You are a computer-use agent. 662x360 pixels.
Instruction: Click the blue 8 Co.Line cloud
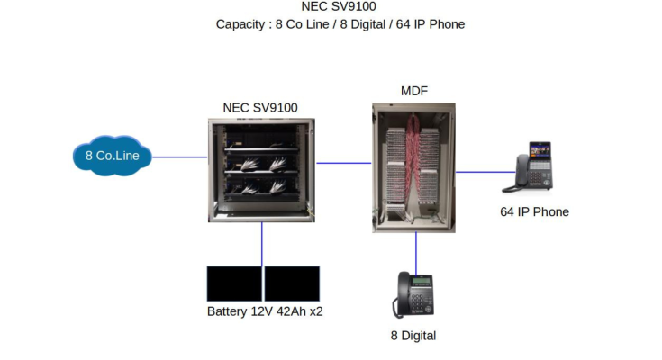click(112, 157)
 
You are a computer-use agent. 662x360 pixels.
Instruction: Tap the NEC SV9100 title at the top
click(339, 7)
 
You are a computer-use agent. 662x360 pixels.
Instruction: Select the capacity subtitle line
click(340, 24)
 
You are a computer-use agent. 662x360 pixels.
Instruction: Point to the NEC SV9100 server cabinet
click(262, 169)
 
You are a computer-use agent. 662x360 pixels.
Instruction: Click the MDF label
click(413, 91)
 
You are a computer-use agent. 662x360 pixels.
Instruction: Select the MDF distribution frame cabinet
click(413, 167)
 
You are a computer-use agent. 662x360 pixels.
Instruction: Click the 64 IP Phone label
click(534, 212)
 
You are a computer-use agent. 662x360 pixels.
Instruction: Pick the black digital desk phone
click(413, 294)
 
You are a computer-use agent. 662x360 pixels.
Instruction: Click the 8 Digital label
click(413, 336)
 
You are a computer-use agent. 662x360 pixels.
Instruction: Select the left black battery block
click(234, 283)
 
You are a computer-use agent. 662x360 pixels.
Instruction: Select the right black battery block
click(293, 283)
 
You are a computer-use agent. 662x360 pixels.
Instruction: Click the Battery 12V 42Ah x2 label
click(265, 312)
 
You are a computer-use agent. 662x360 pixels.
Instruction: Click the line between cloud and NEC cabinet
click(180, 157)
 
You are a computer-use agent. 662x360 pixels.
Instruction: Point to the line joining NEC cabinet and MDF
click(343, 163)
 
